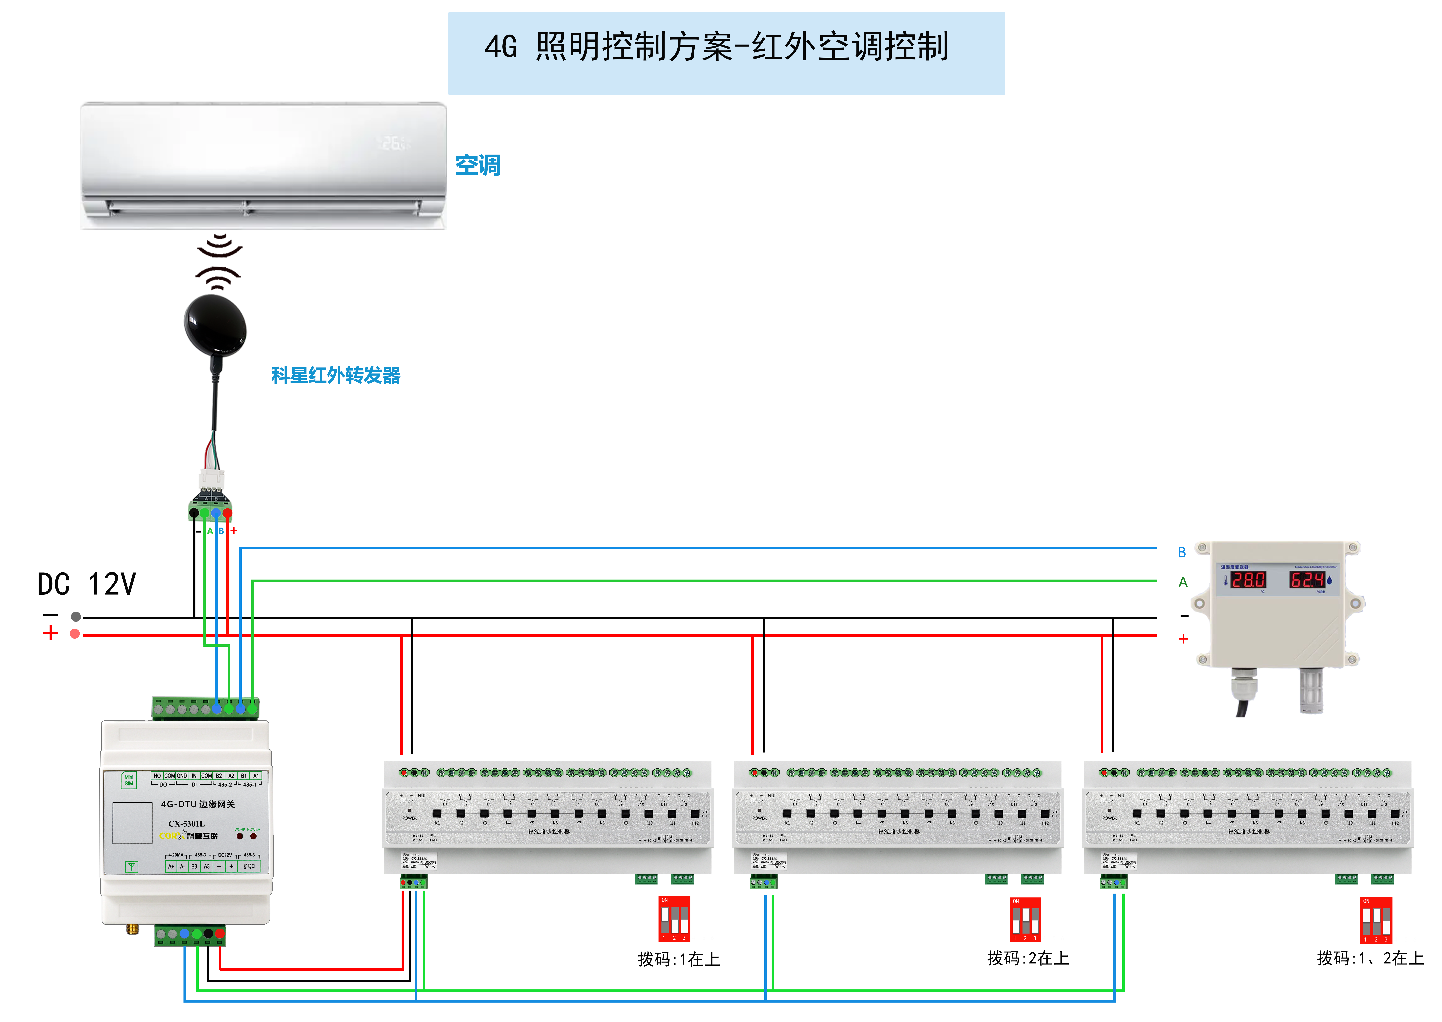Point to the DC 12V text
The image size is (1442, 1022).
tap(87, 584)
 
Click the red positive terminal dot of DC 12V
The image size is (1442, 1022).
tap(75, 634)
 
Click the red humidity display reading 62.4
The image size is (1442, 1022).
tap(1307, 580)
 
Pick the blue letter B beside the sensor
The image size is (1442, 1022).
tap(1182, 552)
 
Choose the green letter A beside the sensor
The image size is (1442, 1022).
tap(1183, 582)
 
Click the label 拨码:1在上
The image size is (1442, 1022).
tap(678, 959)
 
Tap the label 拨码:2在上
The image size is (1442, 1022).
tap(1028, 958)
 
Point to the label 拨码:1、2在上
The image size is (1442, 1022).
tap(1370, 958)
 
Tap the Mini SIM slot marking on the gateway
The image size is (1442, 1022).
tap(128, 780)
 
